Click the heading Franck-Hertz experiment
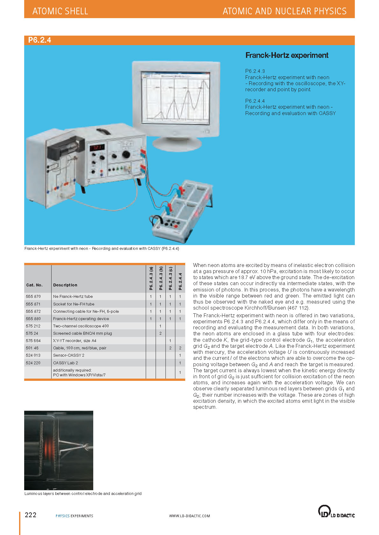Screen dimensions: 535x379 coord(287,55)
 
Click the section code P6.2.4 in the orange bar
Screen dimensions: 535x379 coord(39,40)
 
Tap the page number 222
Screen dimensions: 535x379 coord(31,515)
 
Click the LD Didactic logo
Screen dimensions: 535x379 coord(336,511)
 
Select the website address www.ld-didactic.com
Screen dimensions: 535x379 coord(189,516)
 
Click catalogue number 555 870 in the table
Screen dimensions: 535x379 coord(33,296)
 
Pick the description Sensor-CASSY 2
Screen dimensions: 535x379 coord(68,355)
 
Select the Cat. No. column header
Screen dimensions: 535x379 coord(34,285)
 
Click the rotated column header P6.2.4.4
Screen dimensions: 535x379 coord(180,281)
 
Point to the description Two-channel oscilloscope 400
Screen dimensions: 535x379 coord(81,326)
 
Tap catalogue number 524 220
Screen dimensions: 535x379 coord(33,363)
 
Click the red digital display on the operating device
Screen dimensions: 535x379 coord(97,148)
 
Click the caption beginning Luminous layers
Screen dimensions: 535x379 coord(83,494)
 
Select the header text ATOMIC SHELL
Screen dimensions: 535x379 coord(60,11)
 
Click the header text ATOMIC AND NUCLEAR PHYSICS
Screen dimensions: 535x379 coord(284,11)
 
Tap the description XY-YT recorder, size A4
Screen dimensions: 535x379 coord(74,340)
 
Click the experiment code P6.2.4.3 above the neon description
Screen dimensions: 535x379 coord(255,71)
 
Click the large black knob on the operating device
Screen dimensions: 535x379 coord(126,154)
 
